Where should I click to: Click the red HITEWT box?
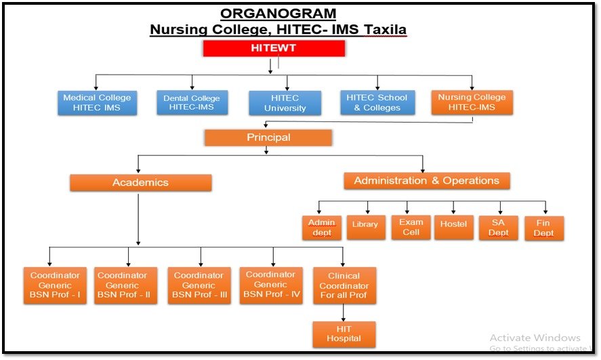tap(274, 48)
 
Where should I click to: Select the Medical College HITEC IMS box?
tap(97, 103)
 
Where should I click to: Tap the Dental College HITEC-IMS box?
tap(192, 103)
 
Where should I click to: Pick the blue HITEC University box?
tap(285, 103)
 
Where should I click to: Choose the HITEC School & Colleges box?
tap(377, 103)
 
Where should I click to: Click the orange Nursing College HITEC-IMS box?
tap(472, 102)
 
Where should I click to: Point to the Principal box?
tap(268, 138)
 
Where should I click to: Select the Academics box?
tap(141, 182)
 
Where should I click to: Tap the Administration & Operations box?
tap(427, 180)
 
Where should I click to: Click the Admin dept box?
tap(322, 228)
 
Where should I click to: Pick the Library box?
tap(366, 227)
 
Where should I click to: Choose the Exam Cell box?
tap(411, 227)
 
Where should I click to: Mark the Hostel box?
tap(453, 227)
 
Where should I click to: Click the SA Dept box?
tap(498, 228)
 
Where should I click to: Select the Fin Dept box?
tap(544, 228)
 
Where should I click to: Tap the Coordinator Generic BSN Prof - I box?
tap(55, 285)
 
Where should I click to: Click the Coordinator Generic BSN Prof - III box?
tap(199, 285)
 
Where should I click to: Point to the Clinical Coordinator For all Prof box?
tap(344, 285)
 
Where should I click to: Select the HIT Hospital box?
tap(344, 334)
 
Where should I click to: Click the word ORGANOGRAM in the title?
tap(278, 14)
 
